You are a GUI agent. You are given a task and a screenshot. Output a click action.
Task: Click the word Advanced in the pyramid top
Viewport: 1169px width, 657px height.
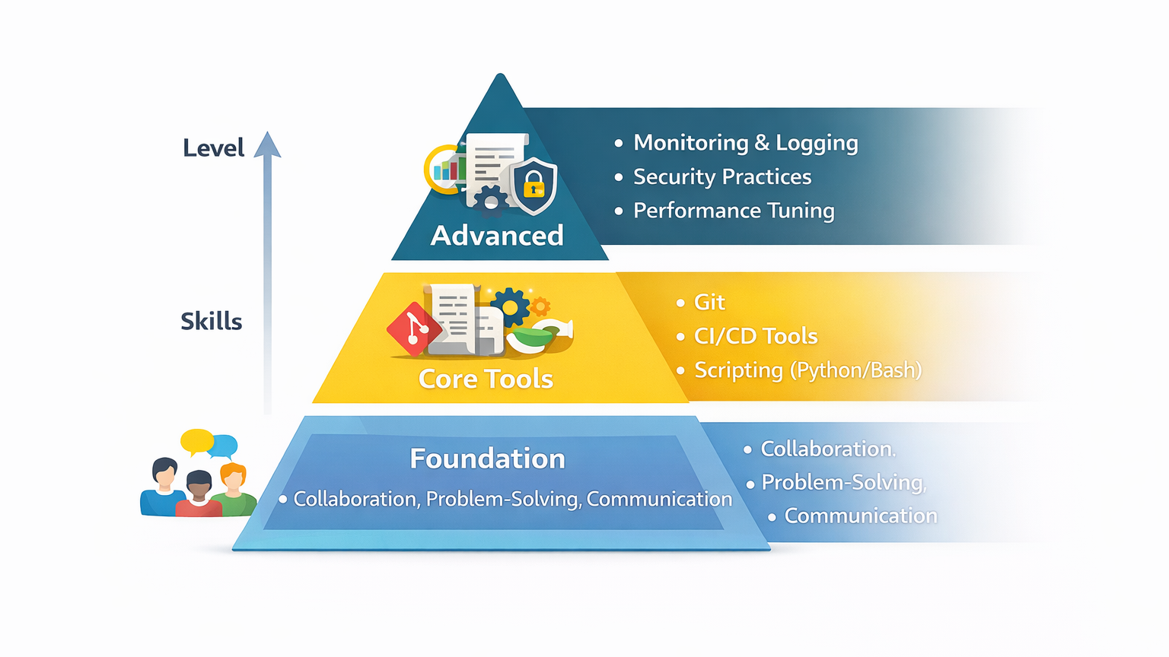[497, 236]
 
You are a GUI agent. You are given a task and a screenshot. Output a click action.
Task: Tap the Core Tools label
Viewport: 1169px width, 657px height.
[486, 379]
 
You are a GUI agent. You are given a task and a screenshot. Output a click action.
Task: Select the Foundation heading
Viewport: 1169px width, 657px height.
[487, 459]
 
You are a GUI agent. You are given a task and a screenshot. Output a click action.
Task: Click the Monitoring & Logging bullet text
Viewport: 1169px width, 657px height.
[745, 143]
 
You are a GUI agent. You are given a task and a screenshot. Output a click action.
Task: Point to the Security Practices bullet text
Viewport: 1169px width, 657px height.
[722, 177]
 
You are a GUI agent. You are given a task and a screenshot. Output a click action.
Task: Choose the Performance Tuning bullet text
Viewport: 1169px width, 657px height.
[734, 211]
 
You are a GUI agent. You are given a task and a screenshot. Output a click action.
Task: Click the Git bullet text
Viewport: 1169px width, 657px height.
[709, 303]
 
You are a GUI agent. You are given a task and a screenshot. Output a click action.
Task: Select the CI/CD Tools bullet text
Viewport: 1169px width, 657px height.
[756, 336]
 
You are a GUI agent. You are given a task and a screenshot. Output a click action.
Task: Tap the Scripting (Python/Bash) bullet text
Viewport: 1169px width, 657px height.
[807, 370]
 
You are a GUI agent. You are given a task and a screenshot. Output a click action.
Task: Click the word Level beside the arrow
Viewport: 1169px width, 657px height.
[213, 148]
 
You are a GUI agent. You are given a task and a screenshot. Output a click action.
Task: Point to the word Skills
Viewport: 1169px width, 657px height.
[211, 322]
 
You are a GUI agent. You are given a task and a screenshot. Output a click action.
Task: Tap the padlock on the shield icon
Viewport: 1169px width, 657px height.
[534, 185]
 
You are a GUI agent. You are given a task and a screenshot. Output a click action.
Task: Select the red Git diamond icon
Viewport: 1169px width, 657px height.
[413, 329]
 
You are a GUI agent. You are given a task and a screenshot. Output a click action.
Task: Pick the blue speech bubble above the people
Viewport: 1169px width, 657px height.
[224, 446]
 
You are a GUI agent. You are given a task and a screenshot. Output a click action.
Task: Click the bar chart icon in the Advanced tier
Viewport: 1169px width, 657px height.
[448, 169]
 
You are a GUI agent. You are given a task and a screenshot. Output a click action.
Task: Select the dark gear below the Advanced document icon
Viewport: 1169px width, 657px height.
[491, 200]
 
